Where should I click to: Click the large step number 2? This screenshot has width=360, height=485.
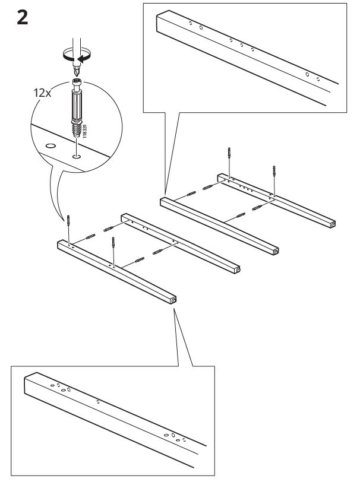pyautogui.click(x=23, y=18)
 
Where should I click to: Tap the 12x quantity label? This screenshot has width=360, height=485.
pyautogui.click(x=42, y=93)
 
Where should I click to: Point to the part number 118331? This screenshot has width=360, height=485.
pyautogui.click(x=85, y=131)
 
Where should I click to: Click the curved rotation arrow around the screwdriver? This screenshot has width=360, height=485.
pyautogui.click(x=77, y=55)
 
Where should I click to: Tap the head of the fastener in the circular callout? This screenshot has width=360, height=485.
pyautogui.click(x=77, y=83)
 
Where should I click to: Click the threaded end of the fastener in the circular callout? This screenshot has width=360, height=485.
pyautogui.click(x=76, y=131)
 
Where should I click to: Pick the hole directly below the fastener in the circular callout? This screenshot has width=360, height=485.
pyautogui.click(x=76, y=157)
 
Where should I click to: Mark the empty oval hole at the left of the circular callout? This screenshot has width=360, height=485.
pyautogui.click(x=50, y=145)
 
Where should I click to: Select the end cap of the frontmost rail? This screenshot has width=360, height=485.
pyautogui.click(x=173, y=300)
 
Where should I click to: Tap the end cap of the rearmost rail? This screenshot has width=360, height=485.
pyautogui.click(x=332, y=224)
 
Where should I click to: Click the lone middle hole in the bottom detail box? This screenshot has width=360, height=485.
pyautogui.click(x=98, y=402)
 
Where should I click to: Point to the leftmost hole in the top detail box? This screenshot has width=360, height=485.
pyautogui.click(x=191, y=23)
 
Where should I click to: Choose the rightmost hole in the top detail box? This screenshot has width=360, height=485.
pyautogui.click(x=318, y=79)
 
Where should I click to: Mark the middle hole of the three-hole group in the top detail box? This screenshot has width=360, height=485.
pyautogui.click(x=241, y=45)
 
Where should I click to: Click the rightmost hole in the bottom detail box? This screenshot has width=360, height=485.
pyautogui.click(x=184, y=439)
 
